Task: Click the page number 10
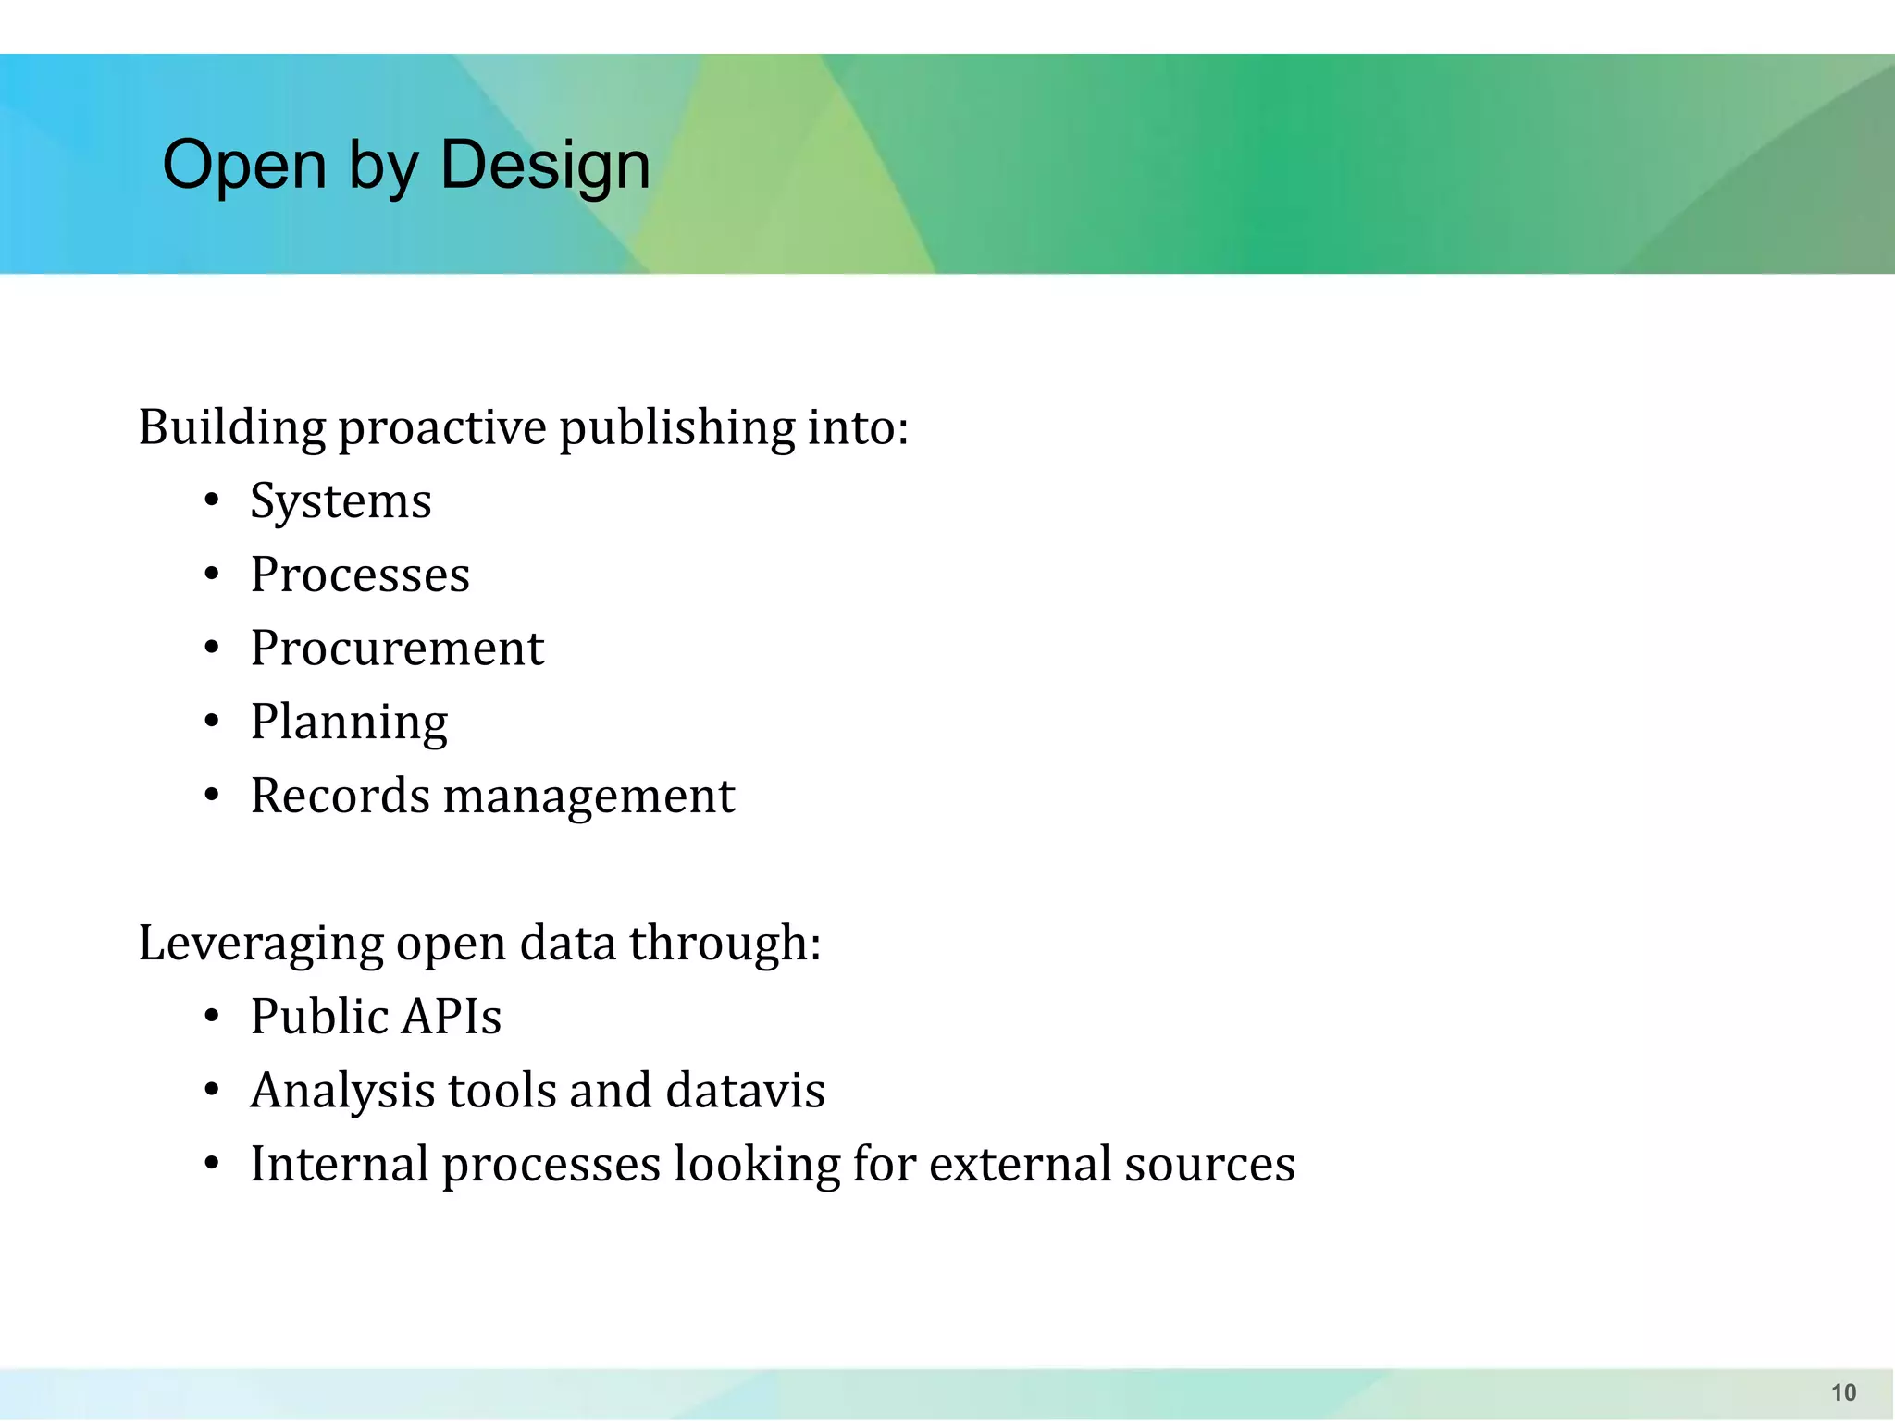[x=1843, y=1392]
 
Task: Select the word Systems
[x=341, y=502]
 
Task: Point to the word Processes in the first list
[x=360, y=575]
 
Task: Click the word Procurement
[x=397, y=649]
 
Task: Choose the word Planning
[x=349, y=723]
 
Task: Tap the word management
[x=588, y=797]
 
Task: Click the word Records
[x=340, y=796]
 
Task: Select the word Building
[x=232, y=428]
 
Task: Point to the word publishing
[x=676, y=428]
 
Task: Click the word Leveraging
[x=261, y=945]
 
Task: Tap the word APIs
[x=452, y=1017]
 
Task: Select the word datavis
[x=745, y=1091]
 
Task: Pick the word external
[x=1020, y=1164]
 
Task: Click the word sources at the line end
[x=1209, y=1164]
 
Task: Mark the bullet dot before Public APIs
[x=212, y=1018]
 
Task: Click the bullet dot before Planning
[x=212, y=722]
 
